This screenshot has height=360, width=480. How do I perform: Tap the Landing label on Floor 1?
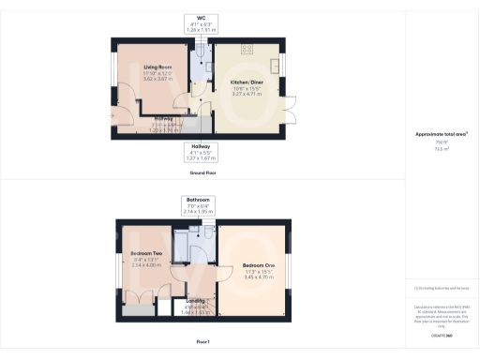[x=195, y=301]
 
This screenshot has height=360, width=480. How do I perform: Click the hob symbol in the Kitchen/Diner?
[x=249, y=50]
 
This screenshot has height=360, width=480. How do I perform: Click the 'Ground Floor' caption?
[x=198, y=173]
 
